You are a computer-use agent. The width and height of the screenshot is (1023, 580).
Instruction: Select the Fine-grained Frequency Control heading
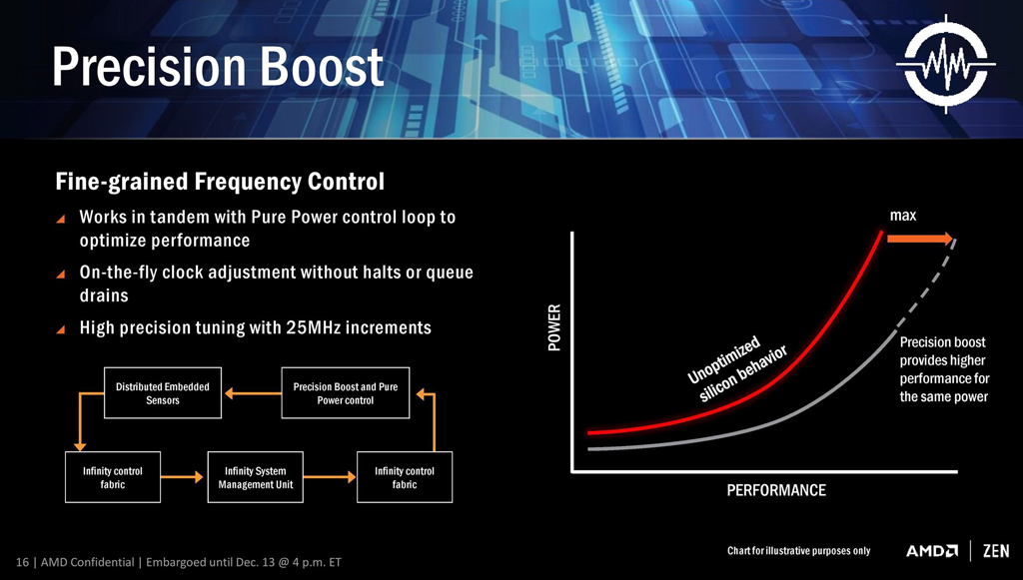(219, 183)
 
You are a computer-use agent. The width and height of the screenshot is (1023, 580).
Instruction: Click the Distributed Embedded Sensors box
(163, 393)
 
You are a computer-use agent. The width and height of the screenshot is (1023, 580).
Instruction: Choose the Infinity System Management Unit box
(256, 477)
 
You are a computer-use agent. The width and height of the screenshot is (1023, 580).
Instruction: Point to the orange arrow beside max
(920, 238)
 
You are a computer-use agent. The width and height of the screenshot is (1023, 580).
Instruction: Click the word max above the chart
(903, 216)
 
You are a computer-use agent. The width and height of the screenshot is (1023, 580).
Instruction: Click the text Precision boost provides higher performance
(943, 369)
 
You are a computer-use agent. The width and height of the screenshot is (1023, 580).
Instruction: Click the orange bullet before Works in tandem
(61, 218)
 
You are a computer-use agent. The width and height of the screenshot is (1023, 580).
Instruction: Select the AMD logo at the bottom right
(932, 551)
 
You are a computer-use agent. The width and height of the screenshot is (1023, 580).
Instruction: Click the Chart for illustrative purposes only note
(798, 551)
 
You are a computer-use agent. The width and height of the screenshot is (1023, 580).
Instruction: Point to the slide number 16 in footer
(22, 562)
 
